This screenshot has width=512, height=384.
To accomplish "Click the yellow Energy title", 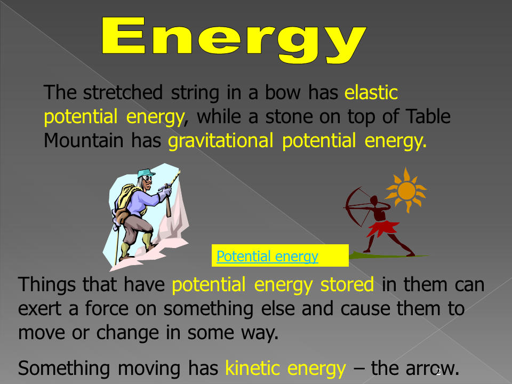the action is (234, 39).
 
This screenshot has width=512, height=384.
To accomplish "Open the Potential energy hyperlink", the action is (267, 257).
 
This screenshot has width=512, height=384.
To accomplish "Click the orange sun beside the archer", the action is (406, 190).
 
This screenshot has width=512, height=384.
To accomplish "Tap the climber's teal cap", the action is (145, 173).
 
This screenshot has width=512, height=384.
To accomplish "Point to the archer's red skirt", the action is (383, 228).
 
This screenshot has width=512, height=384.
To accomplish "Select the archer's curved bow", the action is (352, 206).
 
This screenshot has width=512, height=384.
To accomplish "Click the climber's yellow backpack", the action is (126, 199).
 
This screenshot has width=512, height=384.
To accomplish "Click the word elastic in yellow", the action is (371, 93).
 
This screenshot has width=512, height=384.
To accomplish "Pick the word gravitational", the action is (220, 141).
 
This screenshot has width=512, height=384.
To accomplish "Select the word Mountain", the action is (83, 141).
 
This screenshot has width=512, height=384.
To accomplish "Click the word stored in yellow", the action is (347, 284).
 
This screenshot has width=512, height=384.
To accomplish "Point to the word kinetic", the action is (252, 369).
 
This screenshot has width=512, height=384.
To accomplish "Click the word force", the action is (107, 309).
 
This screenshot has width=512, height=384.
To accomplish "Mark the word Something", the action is (63, 369).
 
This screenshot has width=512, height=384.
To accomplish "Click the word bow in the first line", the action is (283, 93).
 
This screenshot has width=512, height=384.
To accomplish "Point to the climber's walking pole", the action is (117, 241).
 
